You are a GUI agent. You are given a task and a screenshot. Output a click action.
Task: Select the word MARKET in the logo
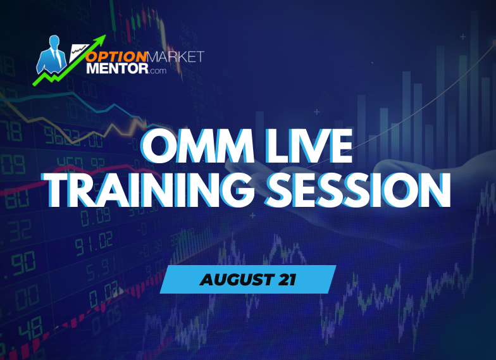[x=177, y=57]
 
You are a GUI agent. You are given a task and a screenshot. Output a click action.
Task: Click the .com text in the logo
[x=158, y=71]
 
